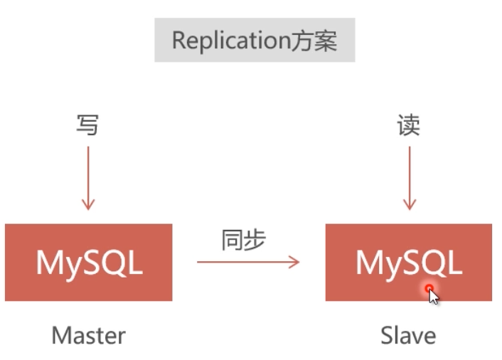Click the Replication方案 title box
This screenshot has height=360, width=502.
coord(254,41)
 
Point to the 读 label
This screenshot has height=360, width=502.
coord(408,125)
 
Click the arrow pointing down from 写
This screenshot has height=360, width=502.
coord(87,178)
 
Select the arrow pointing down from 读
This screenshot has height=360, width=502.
coord(409,178)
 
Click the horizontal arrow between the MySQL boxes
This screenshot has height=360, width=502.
coord(247,263)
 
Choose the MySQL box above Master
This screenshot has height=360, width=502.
coord(88,263)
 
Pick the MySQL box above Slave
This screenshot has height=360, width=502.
coord(408,263)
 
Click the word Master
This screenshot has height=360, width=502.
coord(88,336)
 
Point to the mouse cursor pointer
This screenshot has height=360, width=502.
coord(433,296)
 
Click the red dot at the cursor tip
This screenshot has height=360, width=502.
coord(429,288)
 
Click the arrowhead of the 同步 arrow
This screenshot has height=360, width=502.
coord(295,263)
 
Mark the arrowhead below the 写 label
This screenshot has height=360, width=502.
coord(87,206)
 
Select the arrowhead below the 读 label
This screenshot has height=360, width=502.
coord(409,206)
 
